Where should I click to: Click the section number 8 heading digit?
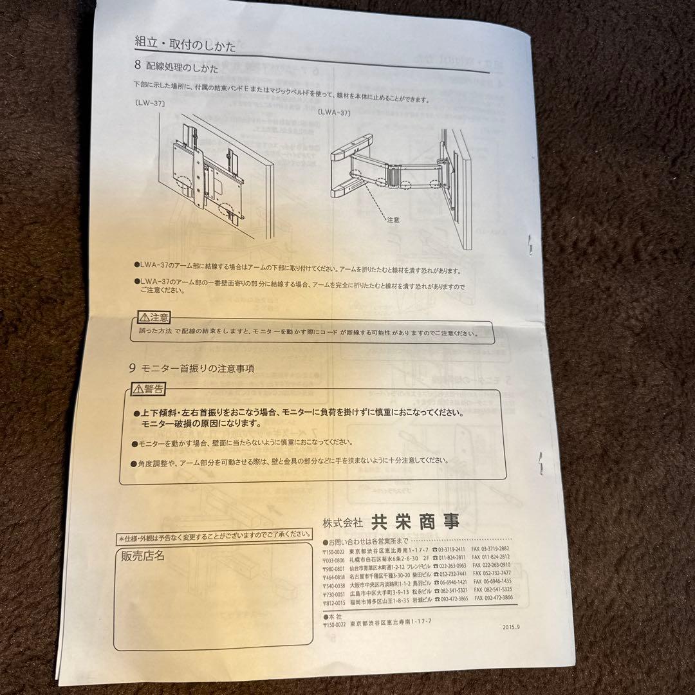click(x=138, y=66)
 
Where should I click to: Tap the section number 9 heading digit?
click(x=133, y=369)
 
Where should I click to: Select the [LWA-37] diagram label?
click(x=333, y=112)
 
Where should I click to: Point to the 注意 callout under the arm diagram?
click(x=393, y=219)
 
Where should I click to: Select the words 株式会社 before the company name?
click(x=343, y=522)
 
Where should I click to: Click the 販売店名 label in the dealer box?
click(x=143, y=555)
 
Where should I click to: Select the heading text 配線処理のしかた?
click(x=182, y=66)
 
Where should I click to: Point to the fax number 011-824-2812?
click(x=496, y=557)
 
